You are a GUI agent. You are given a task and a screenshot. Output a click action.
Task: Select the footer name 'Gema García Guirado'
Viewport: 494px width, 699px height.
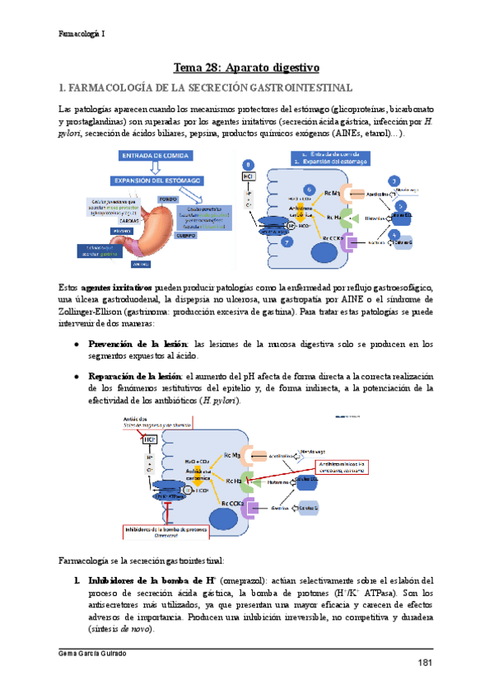98,654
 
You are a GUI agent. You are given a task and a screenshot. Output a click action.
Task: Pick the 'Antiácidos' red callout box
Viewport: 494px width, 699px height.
161,423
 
